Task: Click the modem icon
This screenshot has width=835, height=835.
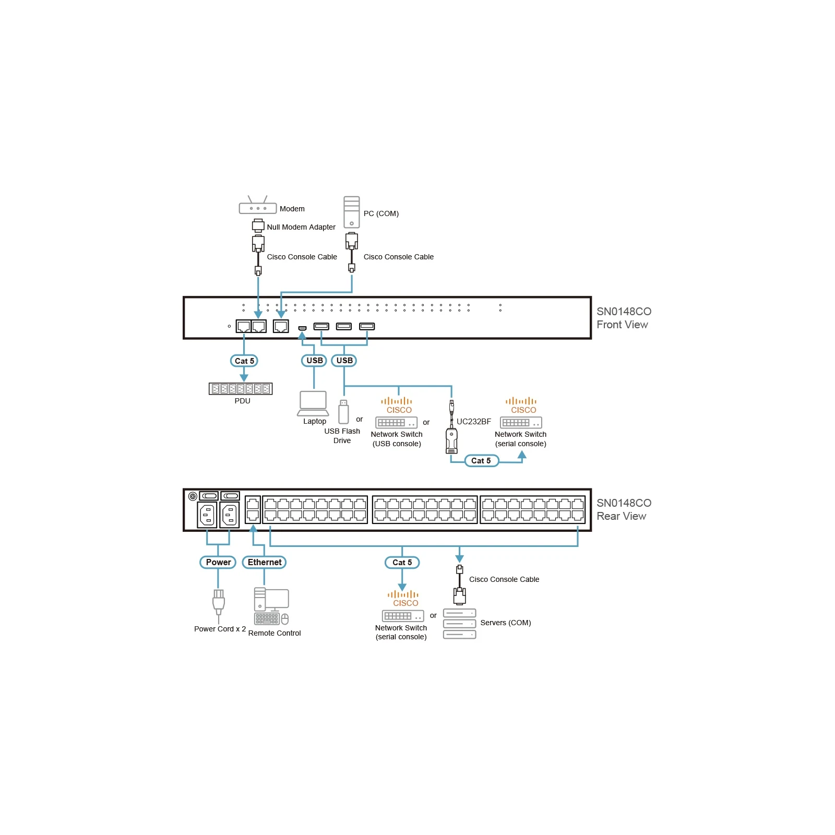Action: [258, 205]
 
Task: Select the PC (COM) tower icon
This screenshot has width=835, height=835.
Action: [352, 212]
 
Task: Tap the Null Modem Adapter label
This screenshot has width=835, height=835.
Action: [301, 227]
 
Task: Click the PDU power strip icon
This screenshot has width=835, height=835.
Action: [241, 389]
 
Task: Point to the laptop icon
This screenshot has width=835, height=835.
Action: [313, 403]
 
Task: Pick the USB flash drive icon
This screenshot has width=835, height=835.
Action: [343, 412]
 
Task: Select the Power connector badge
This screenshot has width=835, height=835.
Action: [218, 562]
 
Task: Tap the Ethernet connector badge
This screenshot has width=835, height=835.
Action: [265, 562]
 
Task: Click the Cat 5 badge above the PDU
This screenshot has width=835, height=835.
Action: [244, 361]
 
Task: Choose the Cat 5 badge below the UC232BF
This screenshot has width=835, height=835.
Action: [481, 460]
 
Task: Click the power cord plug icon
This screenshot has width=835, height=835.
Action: [219, 603]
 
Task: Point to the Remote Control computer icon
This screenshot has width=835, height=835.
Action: [271, 606]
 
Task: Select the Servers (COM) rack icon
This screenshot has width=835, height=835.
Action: [459, 624]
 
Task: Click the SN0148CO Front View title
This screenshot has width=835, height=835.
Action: [624, 318]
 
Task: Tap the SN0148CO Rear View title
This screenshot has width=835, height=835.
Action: [624, 509]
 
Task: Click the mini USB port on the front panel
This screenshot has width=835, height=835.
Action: [302, 328]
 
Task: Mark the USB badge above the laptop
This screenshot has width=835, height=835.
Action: [314, 361]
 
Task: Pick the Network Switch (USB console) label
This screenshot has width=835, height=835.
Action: [397, 439]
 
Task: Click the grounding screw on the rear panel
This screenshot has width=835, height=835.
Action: [193, 496]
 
